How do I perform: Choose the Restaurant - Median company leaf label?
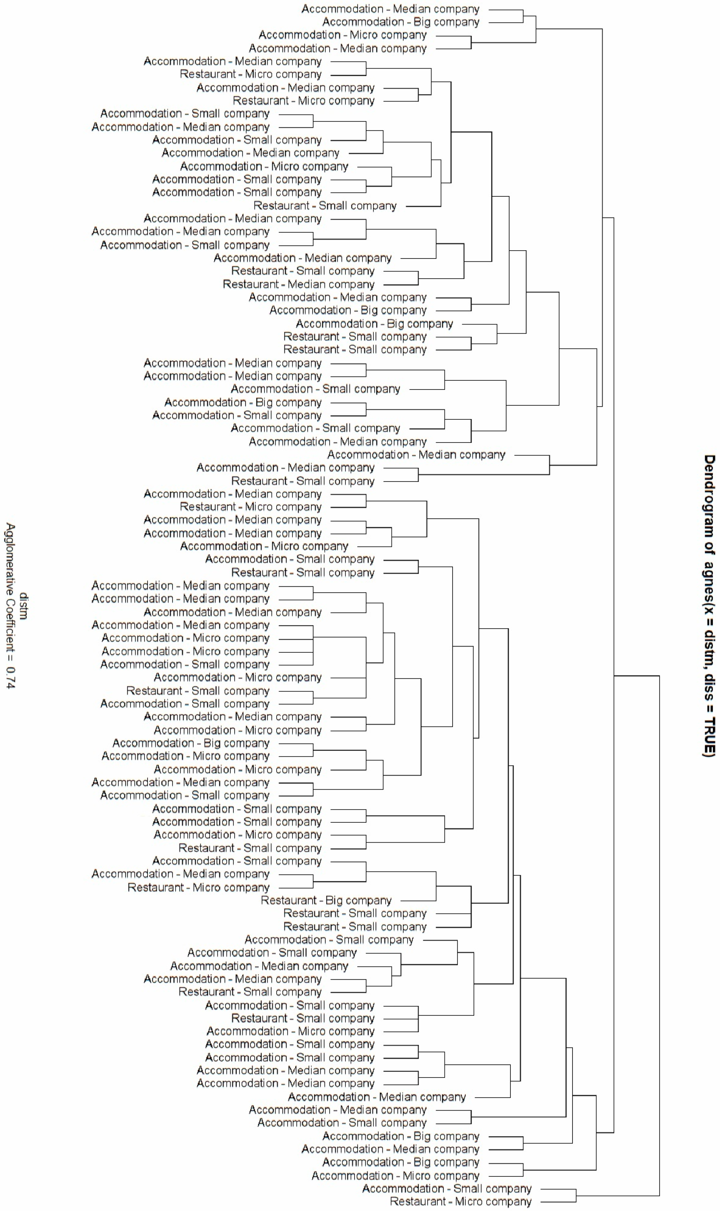(x=298, y=284)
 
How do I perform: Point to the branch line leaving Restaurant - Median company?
(x=400, y=284)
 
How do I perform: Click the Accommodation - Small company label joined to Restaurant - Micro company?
(x=447, y=1189)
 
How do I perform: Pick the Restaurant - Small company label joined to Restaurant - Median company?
(x=303, y=271)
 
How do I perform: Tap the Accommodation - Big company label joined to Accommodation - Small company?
(x=243, y=403)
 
